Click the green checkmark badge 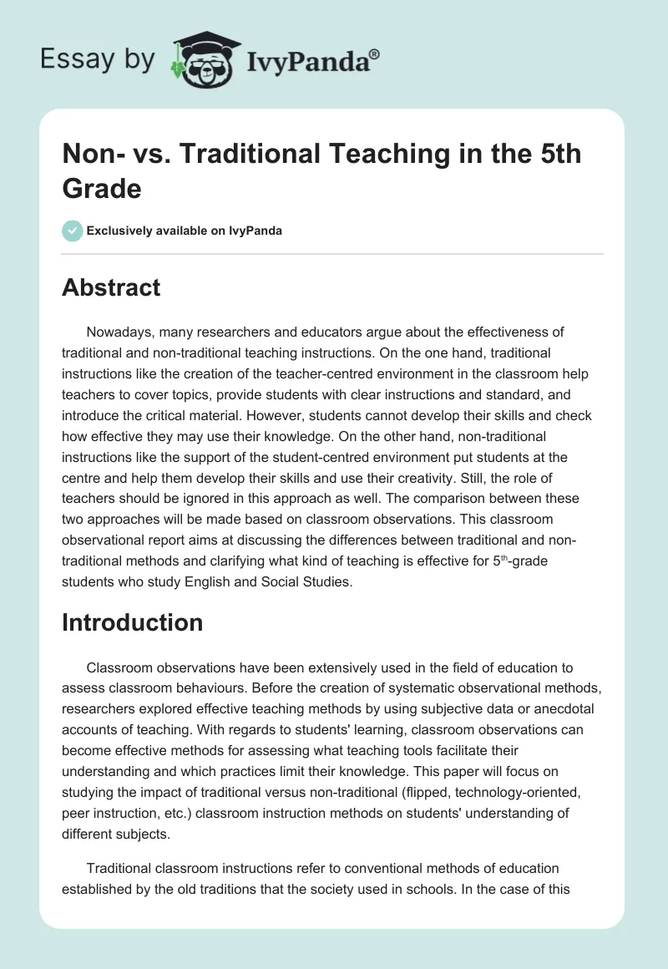click(73, 231)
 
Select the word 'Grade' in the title click(102, 188)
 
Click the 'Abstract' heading click(111, 287)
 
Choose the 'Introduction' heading click(133, 622)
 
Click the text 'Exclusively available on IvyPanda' click(185, 231)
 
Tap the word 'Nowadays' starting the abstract click(119, 332)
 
